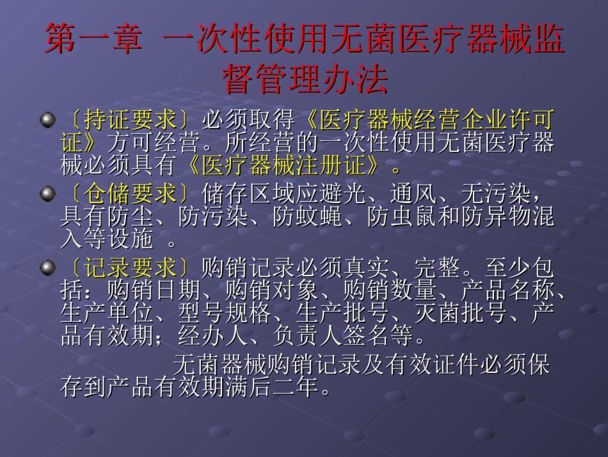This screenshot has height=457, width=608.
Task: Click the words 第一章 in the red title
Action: (93, 38)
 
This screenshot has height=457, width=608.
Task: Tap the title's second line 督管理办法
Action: (305, 78)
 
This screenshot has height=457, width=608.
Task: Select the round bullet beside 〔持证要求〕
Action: (48, 119)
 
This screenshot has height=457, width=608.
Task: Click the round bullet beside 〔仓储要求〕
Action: (48, 194)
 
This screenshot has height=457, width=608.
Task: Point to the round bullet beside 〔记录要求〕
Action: (48, 267)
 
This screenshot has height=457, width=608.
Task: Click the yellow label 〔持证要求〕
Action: (131, 120)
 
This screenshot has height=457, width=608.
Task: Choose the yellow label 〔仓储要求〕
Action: (131, 194)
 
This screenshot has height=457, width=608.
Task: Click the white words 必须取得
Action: (248, 120)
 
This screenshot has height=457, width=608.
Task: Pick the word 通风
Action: (413, 194)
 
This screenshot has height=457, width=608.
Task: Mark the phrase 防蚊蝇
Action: (307, 217)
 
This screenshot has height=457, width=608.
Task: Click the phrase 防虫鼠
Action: (402, 217)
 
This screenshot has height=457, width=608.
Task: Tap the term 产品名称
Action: (508, 290)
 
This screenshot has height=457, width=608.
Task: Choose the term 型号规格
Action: (225, 313)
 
